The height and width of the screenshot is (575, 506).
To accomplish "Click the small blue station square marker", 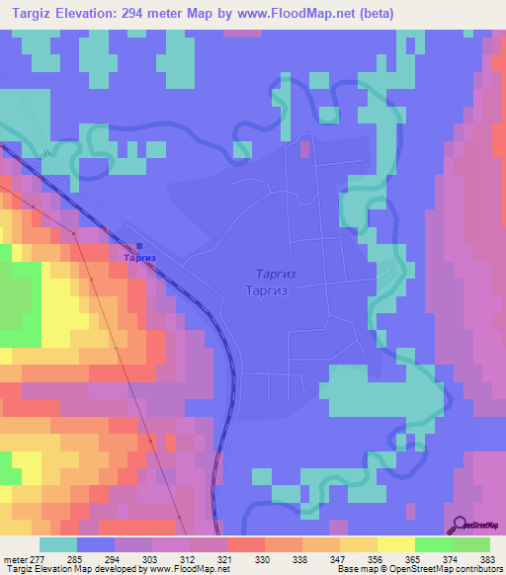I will tap(138, 246).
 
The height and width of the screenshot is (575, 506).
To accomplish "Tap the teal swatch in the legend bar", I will tap(58, 544).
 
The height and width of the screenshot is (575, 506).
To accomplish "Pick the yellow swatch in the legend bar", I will tap(395, 544).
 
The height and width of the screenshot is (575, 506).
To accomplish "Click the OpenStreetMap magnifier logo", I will tap(457, 525).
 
